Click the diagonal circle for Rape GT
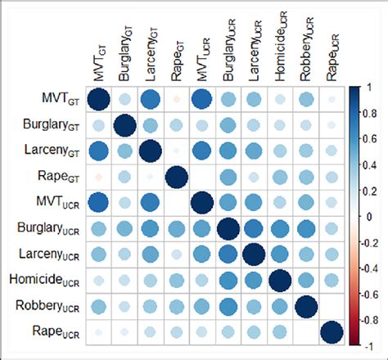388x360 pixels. tap(177, 178)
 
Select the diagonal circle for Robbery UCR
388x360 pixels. tap(305, 307)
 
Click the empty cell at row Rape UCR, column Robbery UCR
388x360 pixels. tap(305, 333)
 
